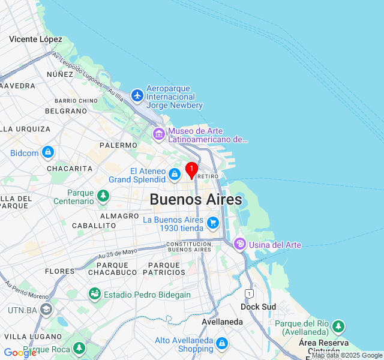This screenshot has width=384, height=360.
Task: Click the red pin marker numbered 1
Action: [191, 170]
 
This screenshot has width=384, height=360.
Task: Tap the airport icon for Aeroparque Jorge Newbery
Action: [137, 95]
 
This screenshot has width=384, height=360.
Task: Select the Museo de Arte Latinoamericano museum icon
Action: [159, 133]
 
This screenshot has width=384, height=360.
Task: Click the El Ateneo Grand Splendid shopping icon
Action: [174, 174]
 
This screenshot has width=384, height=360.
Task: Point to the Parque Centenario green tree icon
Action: [104, 196]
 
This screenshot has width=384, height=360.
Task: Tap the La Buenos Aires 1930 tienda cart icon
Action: [212, 223]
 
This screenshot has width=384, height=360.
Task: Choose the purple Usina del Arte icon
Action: [240, 244]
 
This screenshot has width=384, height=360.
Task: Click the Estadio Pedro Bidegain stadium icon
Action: [94, 294]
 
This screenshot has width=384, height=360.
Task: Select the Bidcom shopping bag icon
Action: [48, 152]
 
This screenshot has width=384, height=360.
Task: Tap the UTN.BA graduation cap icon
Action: [46, 310]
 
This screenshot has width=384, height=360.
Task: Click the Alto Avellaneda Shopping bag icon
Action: [222, 343]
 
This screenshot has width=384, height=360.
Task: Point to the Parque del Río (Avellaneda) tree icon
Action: [339, 326]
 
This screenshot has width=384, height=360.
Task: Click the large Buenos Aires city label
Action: [196, 199]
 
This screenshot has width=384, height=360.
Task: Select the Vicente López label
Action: [35, 39]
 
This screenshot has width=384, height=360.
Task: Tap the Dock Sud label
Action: [258, 306]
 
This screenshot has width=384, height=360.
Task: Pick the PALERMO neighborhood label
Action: [118, 145]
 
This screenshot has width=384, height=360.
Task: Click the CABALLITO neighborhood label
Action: [94, 226]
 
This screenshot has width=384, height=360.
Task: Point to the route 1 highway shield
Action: [248, 293]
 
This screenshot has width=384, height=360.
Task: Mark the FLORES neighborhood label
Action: [59, 271]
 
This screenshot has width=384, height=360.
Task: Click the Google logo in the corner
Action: [19, 353]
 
